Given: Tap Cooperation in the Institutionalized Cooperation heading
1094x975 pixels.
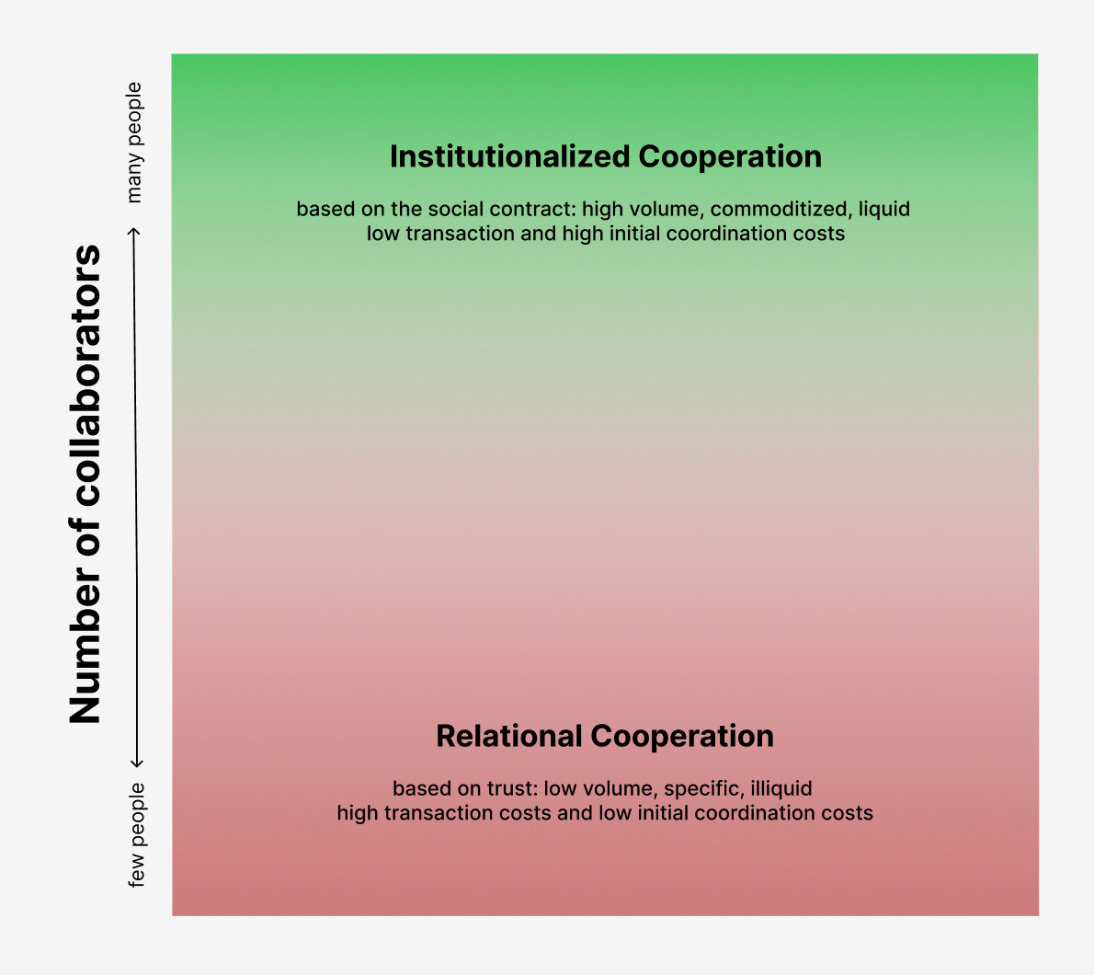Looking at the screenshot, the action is coord(730,156).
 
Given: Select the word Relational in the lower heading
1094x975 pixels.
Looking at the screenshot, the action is coord(509,736).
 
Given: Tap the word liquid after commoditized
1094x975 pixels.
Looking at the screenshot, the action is coord(884,209).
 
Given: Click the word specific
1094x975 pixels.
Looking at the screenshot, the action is coord(701,788).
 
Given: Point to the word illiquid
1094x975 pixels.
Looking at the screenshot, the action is coord(781,788).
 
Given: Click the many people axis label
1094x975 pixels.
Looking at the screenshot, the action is coord(134,143).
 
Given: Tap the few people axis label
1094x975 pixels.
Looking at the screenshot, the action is coord(136,834).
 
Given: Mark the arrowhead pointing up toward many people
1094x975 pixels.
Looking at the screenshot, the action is coord(135,232).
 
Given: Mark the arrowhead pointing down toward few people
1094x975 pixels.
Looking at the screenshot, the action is coord(136,762).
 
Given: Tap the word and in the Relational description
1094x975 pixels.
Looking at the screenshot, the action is coord(575,813).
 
